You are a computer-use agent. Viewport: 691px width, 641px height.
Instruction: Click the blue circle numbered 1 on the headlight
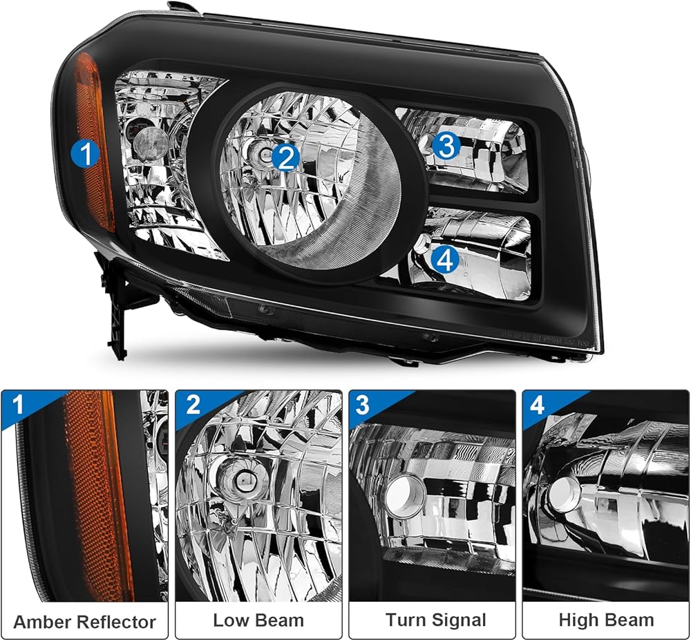coord(86,153)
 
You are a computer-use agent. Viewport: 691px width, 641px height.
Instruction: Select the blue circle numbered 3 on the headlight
coord(446,146)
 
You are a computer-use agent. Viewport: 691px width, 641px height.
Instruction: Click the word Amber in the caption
coord(41,622)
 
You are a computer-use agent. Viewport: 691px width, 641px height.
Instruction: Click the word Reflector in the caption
coord(115,622)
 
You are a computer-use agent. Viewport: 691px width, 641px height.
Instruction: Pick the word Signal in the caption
coord(459,621)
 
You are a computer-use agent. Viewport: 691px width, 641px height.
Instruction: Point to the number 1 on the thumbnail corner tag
coord(18,405)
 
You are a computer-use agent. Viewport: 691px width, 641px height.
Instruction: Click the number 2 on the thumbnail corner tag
coord(193,405)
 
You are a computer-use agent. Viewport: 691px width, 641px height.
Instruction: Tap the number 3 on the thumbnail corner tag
coord(362,405)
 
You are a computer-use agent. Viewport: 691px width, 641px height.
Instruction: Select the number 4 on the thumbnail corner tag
coord(536,405)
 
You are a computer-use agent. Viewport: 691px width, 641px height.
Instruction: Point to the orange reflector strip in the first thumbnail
coord(98,493)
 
